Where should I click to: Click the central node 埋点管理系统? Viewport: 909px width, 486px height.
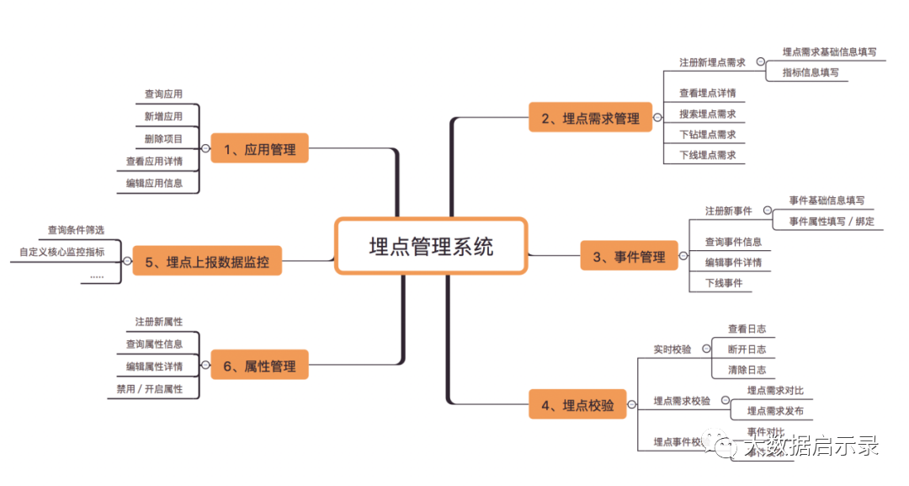(x=431, y=246)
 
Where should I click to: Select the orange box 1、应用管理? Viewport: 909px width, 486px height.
(x=259, y=149)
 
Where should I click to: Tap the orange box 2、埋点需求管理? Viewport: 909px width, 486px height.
(x=589, y=118)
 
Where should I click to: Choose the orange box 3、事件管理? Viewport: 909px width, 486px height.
(x=629, y=256)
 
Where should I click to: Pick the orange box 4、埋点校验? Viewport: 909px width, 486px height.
(x=577, y=404)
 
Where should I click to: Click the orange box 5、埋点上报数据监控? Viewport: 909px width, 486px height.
(x=207, y=261)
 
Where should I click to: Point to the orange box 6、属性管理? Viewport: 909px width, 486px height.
(x=259, y=366)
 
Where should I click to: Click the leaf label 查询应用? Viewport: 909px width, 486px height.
(x=163, y=94)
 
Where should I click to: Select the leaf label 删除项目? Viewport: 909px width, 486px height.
(x=163, y=138)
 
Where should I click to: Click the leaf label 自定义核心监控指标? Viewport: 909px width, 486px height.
(x=62, y=251)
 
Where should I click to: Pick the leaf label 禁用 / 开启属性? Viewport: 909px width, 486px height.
(x=150, y=388)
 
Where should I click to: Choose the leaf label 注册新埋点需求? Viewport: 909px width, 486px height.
(x=712, y=62)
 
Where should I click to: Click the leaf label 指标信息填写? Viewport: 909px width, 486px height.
(x=811, y=72)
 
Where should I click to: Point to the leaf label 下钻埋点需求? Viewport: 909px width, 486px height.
(x=707, y=134)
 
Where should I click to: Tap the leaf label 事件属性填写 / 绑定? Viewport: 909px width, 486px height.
(x=832, y=221)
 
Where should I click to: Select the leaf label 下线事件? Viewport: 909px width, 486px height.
(x=724, y=283)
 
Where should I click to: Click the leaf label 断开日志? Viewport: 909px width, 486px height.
(x=747, y=349)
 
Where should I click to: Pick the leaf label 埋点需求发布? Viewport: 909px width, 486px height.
(x=775, y=411)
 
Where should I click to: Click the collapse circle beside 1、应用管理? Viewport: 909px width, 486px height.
(x=205, y=148)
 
